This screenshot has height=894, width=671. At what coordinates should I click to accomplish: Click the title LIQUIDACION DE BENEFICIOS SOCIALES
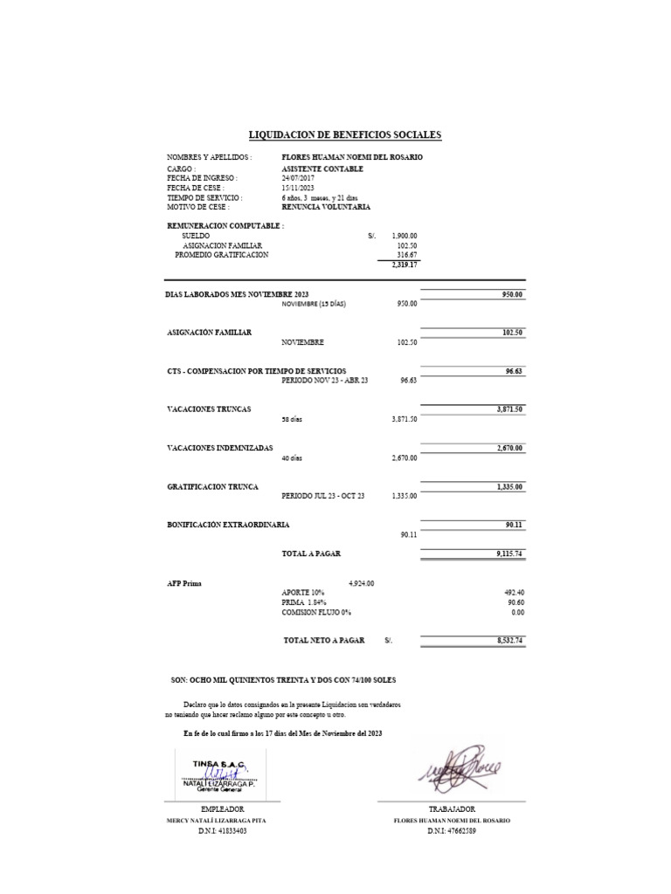point(345,134)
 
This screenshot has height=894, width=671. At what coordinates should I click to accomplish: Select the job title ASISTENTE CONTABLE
point(322,168)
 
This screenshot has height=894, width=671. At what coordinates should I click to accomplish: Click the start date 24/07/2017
point(298,178)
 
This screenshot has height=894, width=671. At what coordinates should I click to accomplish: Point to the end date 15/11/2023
point(298,188)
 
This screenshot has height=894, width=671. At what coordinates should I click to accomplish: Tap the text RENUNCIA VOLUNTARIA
point(326,207)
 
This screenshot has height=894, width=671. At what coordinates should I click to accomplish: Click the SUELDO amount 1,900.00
point(405,236)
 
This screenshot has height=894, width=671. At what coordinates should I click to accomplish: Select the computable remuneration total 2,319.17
point(404,265)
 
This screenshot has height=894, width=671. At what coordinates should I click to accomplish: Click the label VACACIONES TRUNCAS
point(209,409)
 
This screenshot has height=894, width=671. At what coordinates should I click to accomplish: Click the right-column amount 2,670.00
point(505,448)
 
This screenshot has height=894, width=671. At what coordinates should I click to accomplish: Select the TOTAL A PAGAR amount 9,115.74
point(504,554)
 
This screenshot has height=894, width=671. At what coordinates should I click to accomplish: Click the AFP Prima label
point(183,583)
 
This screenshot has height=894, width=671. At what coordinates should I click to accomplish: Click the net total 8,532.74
point(504,641)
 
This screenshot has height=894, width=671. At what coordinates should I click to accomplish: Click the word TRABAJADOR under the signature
point(452,810)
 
